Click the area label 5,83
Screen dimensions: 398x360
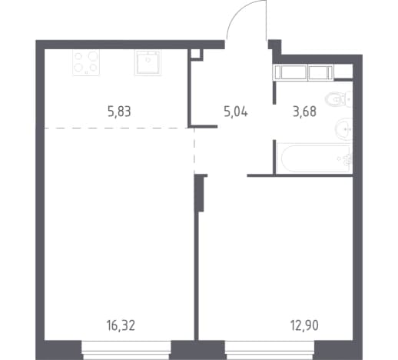tap(119, 112)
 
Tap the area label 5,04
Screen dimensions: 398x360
tap(236, 112)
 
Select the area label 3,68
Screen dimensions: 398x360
tap(304, 112)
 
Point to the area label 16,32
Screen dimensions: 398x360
tap(121, 325)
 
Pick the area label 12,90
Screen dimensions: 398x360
tap(304, 325)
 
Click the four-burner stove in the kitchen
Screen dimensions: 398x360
tap(86, 62)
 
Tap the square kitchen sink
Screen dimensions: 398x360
tap(148, 62)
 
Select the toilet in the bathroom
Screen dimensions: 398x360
tap(339, 99)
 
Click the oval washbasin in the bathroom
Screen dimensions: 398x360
tap(344, 129)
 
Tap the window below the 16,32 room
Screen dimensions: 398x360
tap(126, 350)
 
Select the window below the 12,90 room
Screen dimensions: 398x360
tap(270, 350)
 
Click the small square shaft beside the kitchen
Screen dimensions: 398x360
tap(197, 55)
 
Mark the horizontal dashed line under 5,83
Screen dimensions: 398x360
tap(117, 128)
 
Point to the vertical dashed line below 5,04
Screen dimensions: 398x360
tap(194, 151)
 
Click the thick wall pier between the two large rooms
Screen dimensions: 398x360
tap(200, 193)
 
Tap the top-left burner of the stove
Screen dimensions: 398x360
tap(78, 56)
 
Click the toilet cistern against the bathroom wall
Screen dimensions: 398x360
tap(349, 99)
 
